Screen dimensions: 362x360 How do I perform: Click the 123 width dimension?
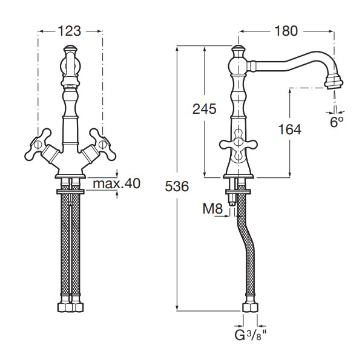click(69, 31)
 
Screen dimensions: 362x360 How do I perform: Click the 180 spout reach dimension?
click(286, 31)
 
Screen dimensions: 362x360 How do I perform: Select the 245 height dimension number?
click(205, 109)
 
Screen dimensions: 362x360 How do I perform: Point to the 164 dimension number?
click(290, 129)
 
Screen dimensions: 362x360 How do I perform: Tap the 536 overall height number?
click(177, 186)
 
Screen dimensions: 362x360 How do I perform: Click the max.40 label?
click(117, 184)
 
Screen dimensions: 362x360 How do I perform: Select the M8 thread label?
click(212, 209)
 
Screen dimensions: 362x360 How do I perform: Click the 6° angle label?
click(337, 122)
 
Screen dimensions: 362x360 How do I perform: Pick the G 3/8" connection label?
click(251, 335)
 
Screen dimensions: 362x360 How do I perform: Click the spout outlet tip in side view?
click(334, 83)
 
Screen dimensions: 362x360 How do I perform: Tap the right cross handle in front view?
click(102, 144)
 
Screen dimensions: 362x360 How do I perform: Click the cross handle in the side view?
click(238, 145)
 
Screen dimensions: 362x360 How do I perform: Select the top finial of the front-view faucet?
click(70, 50)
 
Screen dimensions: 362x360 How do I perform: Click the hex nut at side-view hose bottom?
click(250, 307)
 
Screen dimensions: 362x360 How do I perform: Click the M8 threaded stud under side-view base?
click(232, 198)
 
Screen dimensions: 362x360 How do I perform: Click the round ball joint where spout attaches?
click(239, 65)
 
